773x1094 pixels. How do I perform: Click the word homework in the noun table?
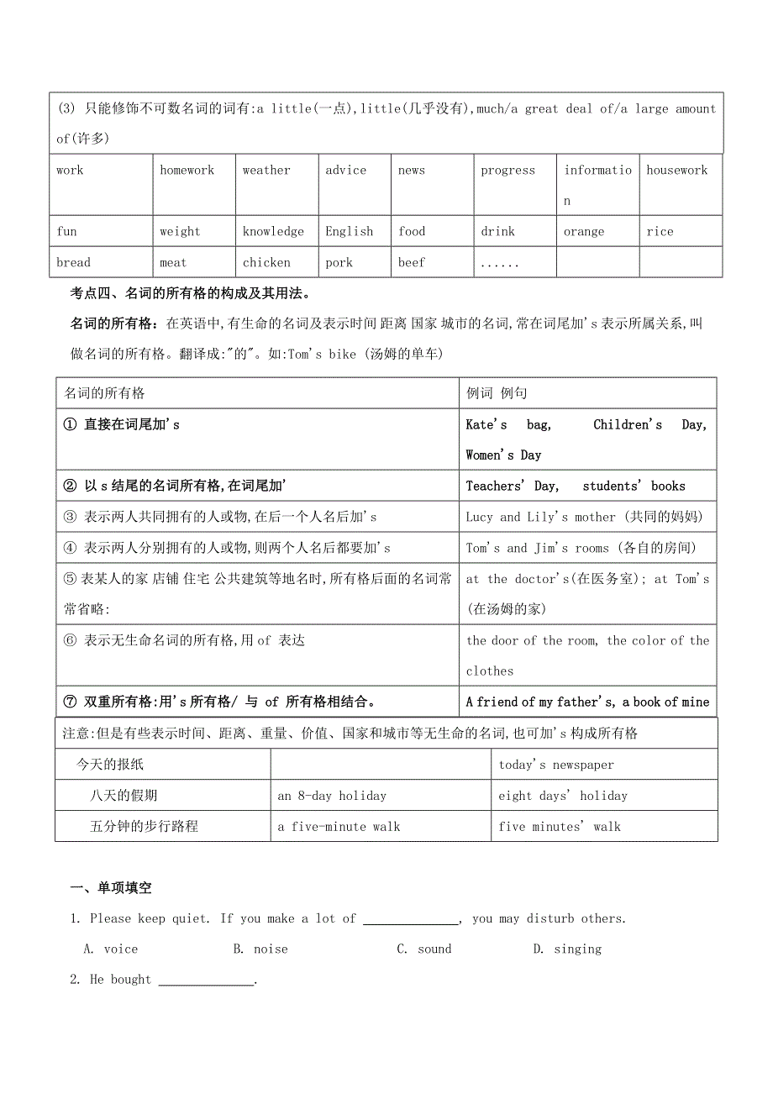tap(187, 171)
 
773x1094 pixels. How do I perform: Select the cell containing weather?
tap(266, 171)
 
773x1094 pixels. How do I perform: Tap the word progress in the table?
tap(507, 171)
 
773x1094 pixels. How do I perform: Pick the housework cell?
tap(676, 171)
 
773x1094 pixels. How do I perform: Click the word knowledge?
tap(273, 232)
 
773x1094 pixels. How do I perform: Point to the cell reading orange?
tap(584, 232)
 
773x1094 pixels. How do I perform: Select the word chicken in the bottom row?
tap(266, 263)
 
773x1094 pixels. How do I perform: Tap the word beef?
tap(412, 263)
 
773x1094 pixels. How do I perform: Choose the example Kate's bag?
tap(508, 425)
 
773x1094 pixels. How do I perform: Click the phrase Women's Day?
tap(503, 455)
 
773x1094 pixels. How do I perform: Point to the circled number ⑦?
tap(70, 702)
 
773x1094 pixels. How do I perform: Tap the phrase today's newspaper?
tap(556, 765)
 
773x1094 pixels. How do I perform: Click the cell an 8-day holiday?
tap(332, 796)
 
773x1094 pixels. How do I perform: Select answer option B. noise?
tap(260, 949)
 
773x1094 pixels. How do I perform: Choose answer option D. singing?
tap(567, 949)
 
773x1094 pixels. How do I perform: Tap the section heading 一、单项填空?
tap(111, 888)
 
